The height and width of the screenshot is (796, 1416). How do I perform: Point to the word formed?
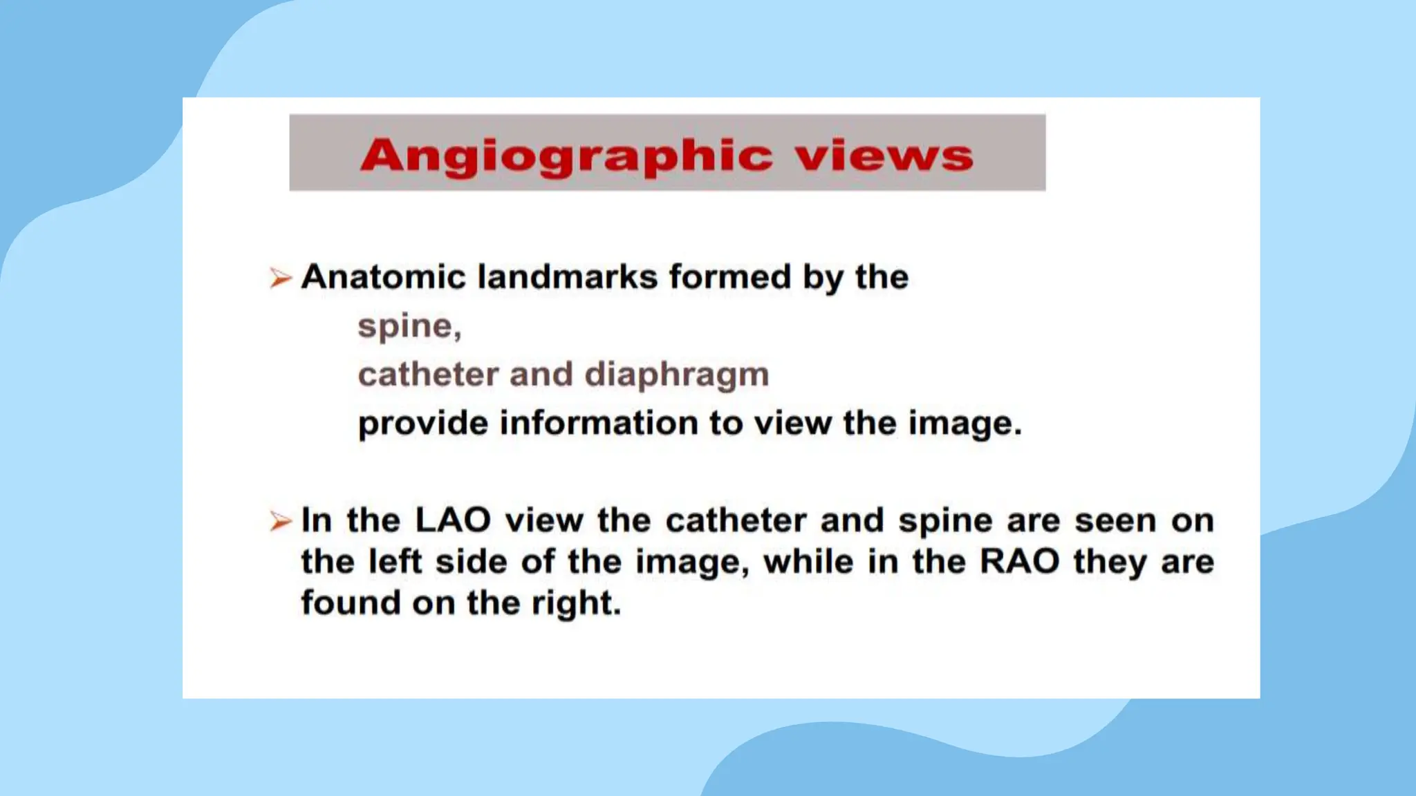click(729, 277)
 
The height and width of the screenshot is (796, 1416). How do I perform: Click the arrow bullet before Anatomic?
click(280, 278)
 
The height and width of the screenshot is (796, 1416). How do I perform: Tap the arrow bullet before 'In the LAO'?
click(280, 521)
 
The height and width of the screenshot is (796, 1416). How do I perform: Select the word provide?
click(422, 424)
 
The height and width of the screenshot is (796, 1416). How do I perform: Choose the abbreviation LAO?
click(453, 520)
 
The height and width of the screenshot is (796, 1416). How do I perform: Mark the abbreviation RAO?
click(1020, 562)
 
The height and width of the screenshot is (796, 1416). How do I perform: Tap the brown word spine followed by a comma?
click(409, 327)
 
